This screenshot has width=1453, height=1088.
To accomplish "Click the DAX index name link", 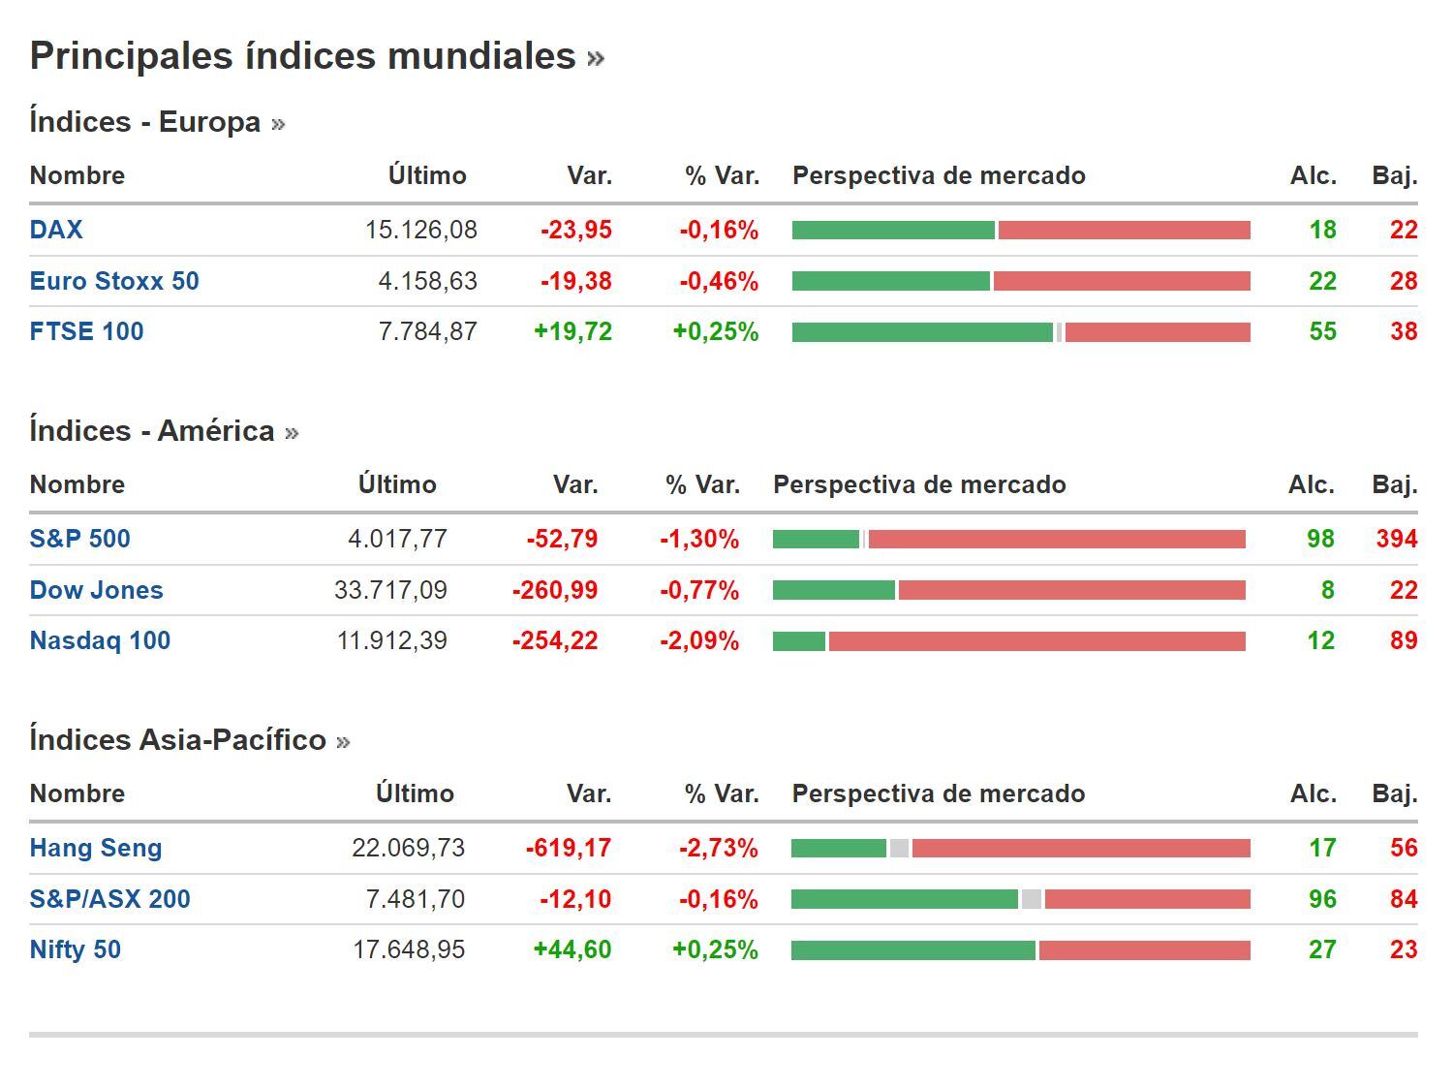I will click(56, 230).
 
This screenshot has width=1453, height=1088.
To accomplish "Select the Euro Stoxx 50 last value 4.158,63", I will click(427, 281).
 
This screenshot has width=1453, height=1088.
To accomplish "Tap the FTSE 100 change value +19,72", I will click(572, 331).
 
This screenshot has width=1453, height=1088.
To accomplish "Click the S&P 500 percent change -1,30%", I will click(698, 539).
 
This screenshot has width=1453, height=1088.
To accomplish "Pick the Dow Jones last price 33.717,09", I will click(390, 590).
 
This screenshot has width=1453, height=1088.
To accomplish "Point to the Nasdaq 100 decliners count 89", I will click(1403, 640).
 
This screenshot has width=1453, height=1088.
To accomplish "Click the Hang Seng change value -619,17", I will click(568, 848).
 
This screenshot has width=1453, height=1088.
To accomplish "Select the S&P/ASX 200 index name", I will click(109, 899).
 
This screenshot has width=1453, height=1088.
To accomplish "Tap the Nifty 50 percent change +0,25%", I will click(715, 949).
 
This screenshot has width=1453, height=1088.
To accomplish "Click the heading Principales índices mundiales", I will click(302, 56).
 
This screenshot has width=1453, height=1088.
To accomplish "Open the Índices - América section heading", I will click(152, 431).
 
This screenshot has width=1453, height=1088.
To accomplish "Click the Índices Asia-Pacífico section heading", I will click(177, 740).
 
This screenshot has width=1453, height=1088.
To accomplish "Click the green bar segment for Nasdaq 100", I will click(798, 641).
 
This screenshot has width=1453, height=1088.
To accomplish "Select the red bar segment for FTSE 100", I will click(1158, 332).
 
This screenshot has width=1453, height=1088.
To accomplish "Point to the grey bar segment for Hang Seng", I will click(899, 849).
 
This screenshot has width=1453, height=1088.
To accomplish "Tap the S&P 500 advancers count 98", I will click(1319, 539).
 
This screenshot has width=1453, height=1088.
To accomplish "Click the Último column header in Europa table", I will click(427, 175).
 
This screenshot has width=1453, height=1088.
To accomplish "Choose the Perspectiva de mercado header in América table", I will click(918, 484).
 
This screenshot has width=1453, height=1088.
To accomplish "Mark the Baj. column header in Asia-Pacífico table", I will click(1394, 793).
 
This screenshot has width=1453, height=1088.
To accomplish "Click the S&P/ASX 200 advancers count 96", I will click(1321, 899).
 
